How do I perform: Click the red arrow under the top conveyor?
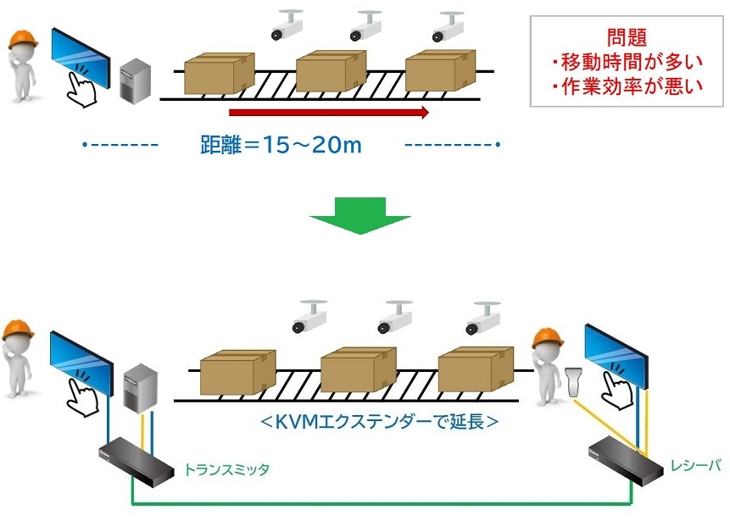click(329, 112)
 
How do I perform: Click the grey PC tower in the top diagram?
click(136, 81)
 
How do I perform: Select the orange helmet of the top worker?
click(23, 39)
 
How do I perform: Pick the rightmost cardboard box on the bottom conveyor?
click(475, 370)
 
